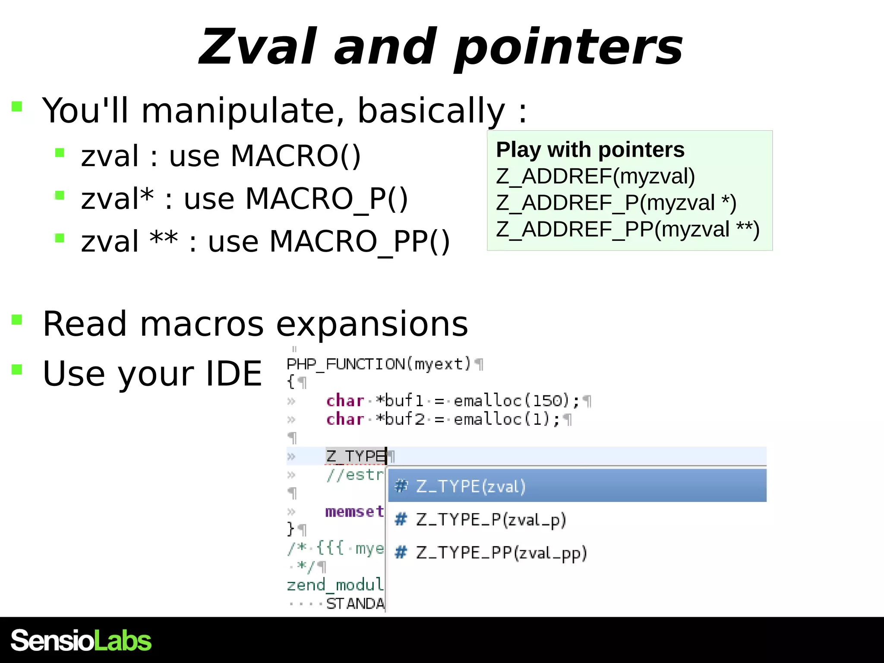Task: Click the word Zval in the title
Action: tap(258, 47)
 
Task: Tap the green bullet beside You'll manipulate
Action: tap(17, 106)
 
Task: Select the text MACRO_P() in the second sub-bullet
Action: tap(326, 199)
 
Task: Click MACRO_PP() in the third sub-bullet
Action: tap(359, 241)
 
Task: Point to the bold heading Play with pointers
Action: tap(590, 150)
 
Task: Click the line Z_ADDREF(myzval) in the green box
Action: tap(595, 177)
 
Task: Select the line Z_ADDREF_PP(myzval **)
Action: tap(627, 229)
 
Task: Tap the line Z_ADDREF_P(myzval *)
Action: tap(616, 203)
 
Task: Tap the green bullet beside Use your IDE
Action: tap(17, 369)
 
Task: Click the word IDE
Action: tap(234, 374)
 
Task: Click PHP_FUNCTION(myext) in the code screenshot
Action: tap(379, 364)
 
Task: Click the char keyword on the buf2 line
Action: tap(345, 419)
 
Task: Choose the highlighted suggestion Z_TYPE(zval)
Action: tap(470, 486)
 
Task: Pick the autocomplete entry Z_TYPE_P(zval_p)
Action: tap(490, 520)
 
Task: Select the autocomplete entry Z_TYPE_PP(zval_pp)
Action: tap(501, 553)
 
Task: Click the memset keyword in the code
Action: tap(354, 511)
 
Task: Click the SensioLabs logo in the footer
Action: tap(81, 641)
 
